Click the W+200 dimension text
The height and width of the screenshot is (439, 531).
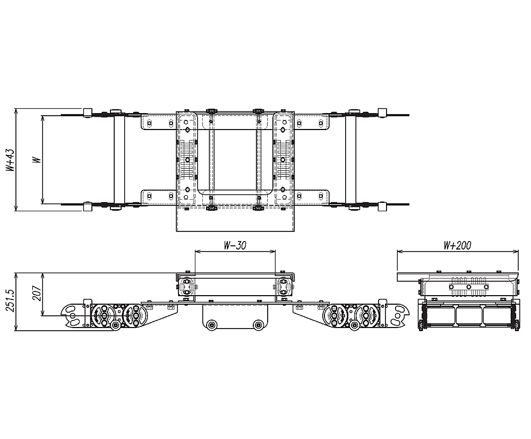click(457, 245)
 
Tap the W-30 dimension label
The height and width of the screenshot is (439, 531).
click(235, 245)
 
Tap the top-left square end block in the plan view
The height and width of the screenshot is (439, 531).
click(88, 113)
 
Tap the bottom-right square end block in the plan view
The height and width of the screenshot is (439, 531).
click(381, 207)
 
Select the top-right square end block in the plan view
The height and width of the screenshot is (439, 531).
click(381, 113)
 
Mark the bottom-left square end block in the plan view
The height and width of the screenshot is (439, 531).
click(88, 207)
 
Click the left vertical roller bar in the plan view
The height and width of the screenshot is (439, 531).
click(119, 159)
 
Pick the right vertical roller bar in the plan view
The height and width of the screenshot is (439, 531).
click(350, 159)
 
